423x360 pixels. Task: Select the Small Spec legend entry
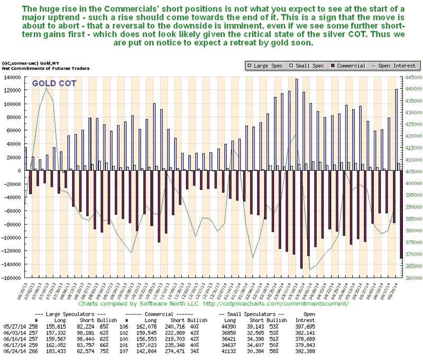[298, 66]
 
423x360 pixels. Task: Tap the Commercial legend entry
[334, 66]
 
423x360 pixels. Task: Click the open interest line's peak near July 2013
[46, 89]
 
